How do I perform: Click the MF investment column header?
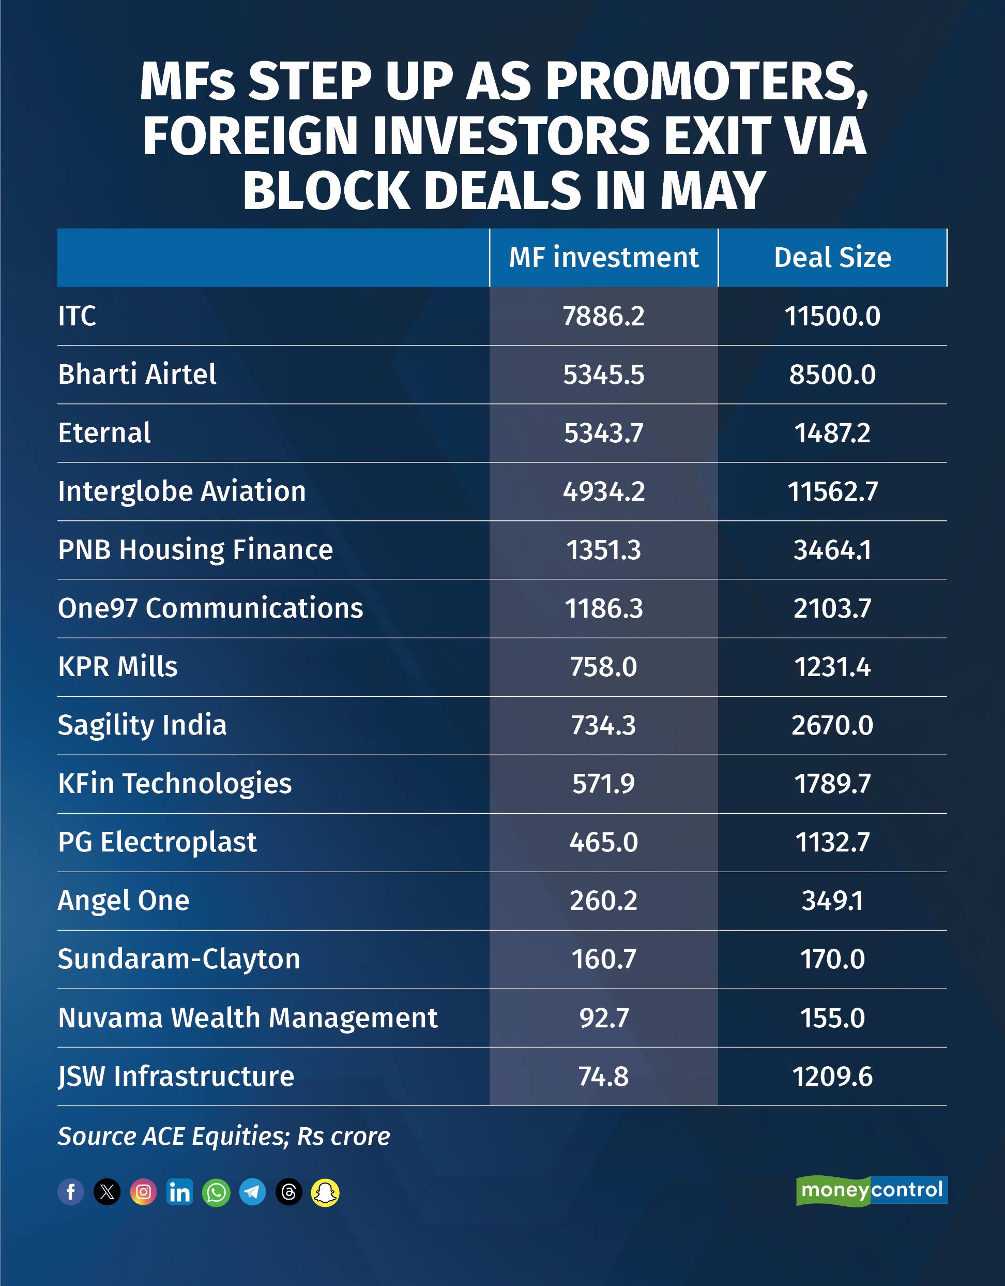(603, 257)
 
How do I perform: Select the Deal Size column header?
(832, 257)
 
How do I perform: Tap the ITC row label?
(77, 316)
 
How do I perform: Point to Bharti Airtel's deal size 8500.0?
(832, 375)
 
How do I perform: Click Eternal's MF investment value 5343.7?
(603, 433)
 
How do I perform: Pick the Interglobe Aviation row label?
(182, 491)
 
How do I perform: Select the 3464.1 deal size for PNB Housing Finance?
(832, 550)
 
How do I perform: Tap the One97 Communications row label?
(210, 608)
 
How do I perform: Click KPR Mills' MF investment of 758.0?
(603, 667)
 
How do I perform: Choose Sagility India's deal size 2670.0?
(832, 725)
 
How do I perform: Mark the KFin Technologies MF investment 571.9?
(603, 783)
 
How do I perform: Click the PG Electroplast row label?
(157, 842)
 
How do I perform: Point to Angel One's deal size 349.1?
(832, 900)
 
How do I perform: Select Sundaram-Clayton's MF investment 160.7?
(603, 959)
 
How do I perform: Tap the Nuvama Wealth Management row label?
(248, 1018)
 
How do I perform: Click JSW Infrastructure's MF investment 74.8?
(603, 1076)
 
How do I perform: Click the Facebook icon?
(71, 1192)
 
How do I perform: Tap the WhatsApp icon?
(216, 1192)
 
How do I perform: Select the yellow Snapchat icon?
(325, 1192)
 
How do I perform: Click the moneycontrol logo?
(872, 1191)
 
